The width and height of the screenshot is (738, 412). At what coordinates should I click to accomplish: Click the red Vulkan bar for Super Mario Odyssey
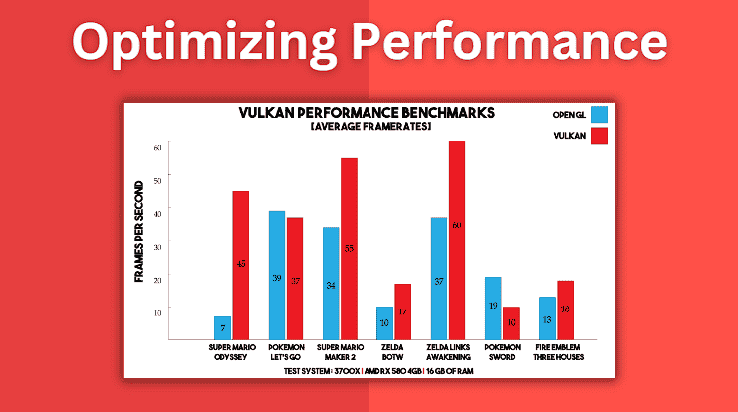point(241,265)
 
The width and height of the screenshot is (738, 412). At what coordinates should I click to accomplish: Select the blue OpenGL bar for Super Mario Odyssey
point(223,327)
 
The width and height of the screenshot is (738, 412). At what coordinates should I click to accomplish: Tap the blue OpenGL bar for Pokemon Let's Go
point(277,275)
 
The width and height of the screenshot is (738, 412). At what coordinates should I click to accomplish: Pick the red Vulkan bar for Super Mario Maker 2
point(349,249)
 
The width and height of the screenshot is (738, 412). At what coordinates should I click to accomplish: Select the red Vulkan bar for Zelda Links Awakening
point(457,240)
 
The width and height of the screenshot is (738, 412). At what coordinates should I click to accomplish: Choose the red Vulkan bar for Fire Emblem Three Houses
point(565,309)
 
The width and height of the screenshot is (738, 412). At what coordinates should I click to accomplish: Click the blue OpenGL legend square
point(599,115)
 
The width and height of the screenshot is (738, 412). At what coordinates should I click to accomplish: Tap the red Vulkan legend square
point(599,136)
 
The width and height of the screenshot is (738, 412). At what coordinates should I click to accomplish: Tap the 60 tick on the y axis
point(157,147)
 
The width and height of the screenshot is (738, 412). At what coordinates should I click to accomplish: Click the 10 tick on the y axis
point(157,311)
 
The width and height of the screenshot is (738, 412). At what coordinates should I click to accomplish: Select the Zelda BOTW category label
point(393,353)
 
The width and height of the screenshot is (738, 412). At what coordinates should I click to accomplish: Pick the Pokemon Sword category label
point(502,353)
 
